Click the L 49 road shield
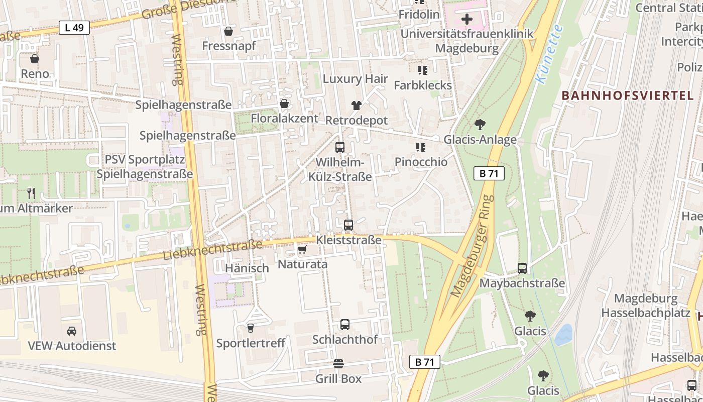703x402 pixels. click(x=74, y=28)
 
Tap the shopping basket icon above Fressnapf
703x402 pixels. click(x=228, y=31)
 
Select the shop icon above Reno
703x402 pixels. click(x=35, y=59)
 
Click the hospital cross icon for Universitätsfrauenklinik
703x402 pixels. click(x=467, y=20)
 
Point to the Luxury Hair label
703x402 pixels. click(x=356, y=79)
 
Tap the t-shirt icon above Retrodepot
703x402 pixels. click(x=357, y=105)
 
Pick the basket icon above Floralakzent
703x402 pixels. click(x=284, y=104)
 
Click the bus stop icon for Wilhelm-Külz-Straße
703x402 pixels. click(x=340, y=147)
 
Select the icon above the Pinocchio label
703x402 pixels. click(x=421, y=147)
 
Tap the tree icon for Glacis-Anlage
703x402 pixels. click(x=480, y=124)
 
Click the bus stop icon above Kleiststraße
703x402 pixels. click(x=348, y=225)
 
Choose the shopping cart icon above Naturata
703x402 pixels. click(x=302, y=249)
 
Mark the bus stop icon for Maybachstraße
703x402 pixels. click(x=522, y=268)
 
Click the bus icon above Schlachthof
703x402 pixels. click(x=345, y=325)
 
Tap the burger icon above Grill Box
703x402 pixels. click(x=338, y=363)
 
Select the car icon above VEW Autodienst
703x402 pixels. click(x=72, y=331)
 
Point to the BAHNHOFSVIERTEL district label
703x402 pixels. click(x=627, y=95)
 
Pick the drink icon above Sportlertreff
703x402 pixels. click(x=250, y=328)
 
